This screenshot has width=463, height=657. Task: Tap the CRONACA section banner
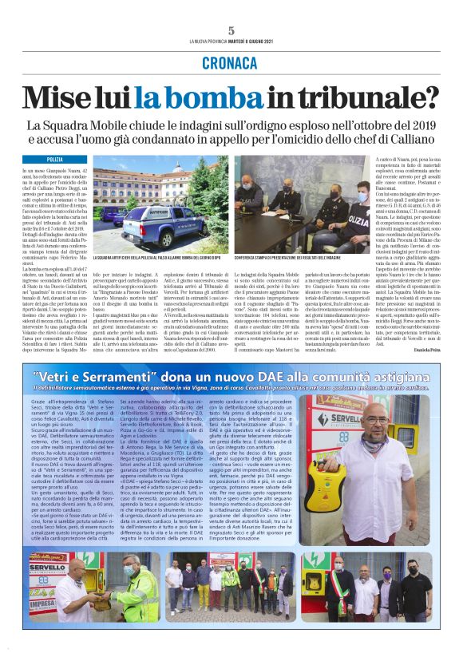click(x=231, y=61)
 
